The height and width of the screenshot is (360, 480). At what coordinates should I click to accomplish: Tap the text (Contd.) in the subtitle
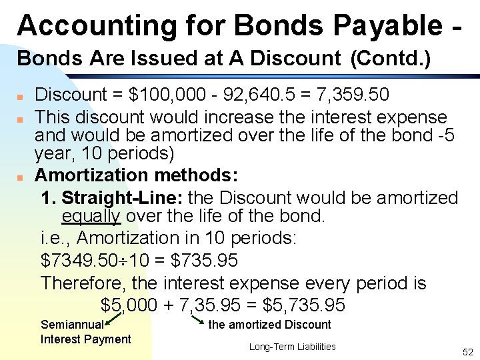pos(390,59)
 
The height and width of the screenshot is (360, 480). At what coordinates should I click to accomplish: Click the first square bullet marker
pos(21,96)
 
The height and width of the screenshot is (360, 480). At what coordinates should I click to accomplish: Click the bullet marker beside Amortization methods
pos(21,177)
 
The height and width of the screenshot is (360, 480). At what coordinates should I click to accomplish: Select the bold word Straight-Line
pos(123,198)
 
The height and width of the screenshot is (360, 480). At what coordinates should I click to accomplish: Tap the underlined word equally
pos(91,216)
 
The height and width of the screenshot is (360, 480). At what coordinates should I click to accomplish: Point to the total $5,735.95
pos(305,305)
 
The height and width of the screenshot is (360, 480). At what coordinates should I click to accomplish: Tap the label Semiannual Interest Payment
pos(85,332)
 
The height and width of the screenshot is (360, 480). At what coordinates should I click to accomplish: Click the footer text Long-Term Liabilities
pos(292,347)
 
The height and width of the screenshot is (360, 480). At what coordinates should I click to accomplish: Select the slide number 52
pos(467,351)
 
